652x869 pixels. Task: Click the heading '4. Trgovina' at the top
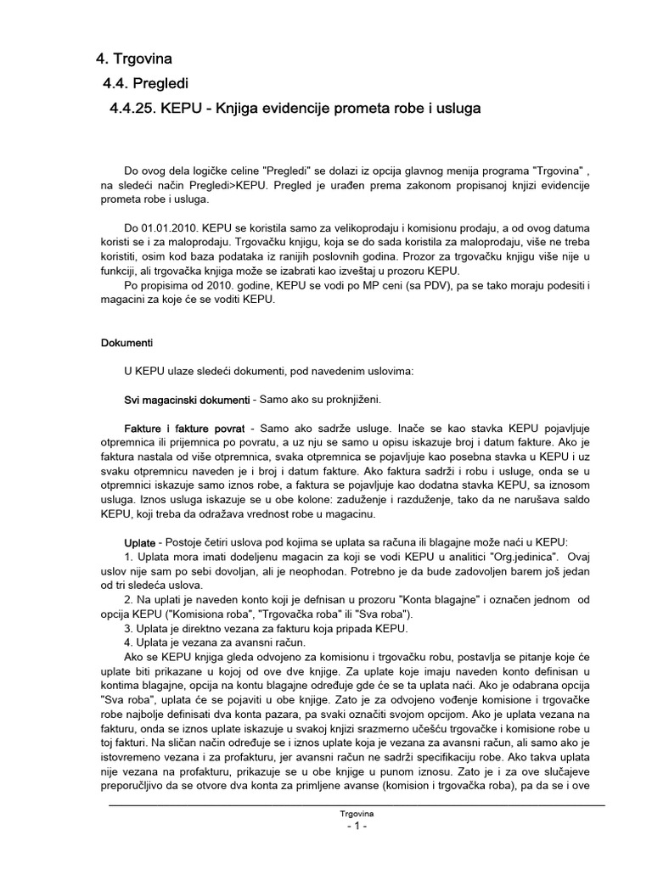(x=133, y=59)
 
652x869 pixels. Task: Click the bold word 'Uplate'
(x=140, y=542)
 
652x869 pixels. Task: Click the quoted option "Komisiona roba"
(x=262, y=614)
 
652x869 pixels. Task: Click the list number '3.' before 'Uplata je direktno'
(x=130, y=629)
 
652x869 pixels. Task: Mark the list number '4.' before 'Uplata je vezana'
(x=130, y=643)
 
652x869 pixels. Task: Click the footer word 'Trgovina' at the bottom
(x=356, y=814)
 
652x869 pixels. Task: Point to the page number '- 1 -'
(x=356, y=827)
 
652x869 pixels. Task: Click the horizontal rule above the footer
(x=356, y=805)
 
